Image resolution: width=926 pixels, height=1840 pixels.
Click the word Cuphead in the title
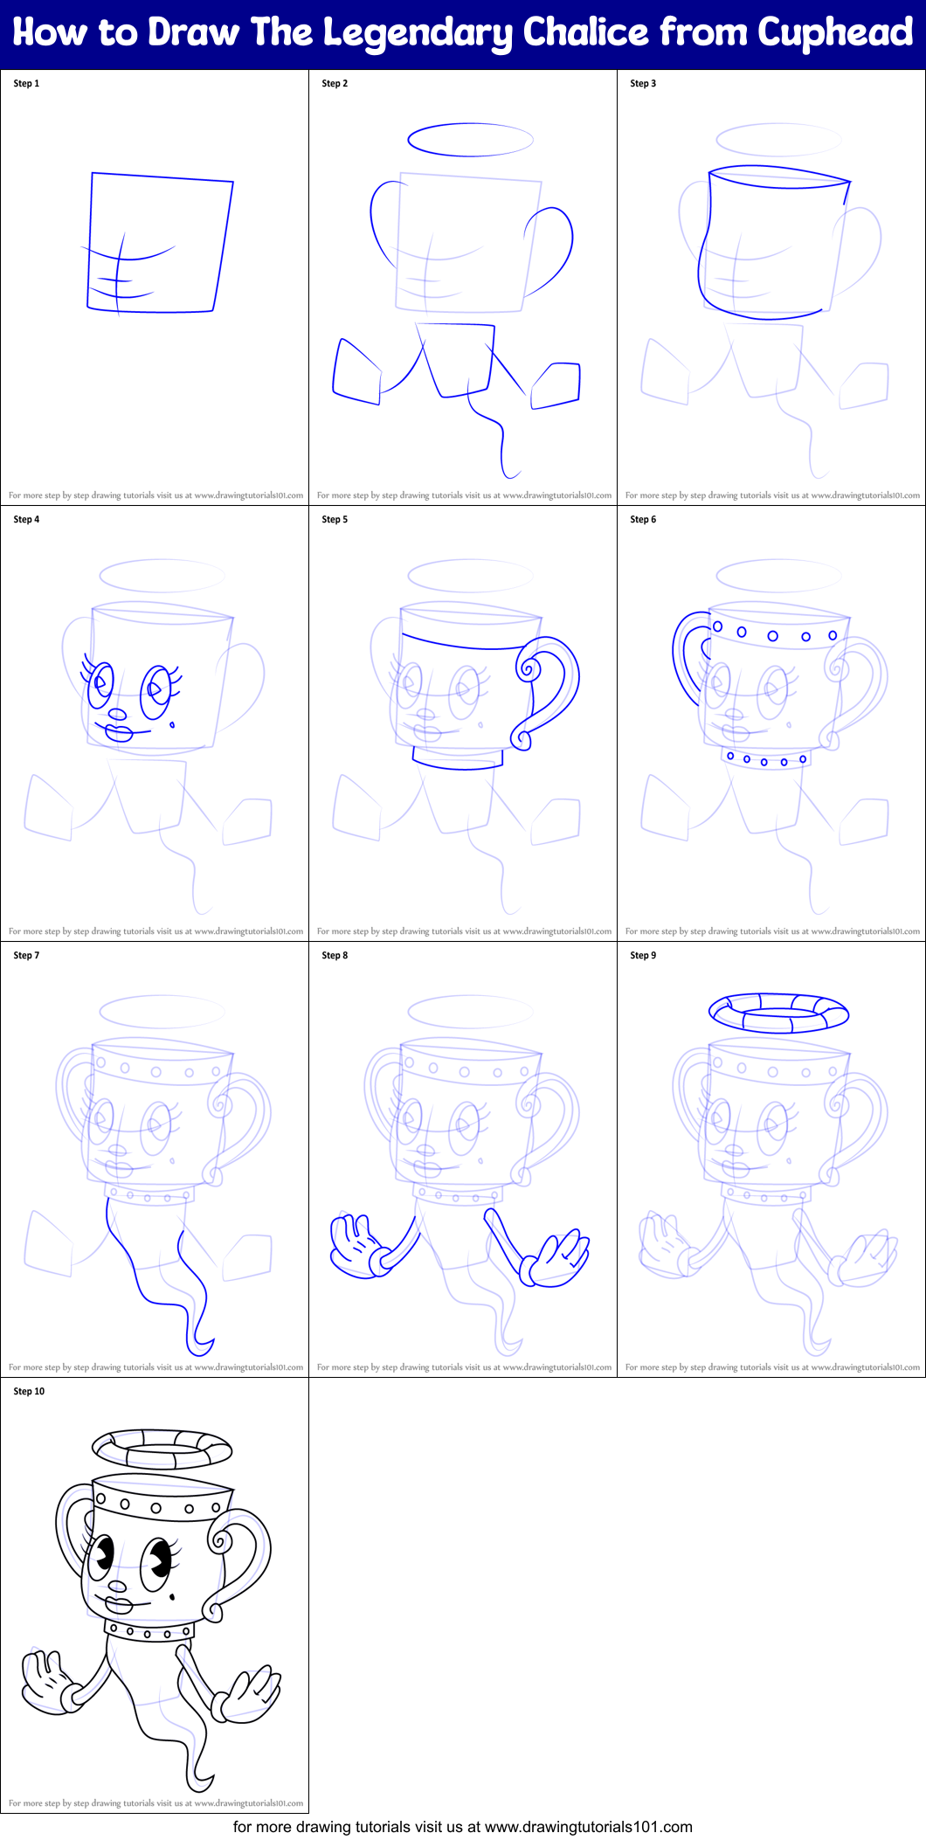pos(835,32)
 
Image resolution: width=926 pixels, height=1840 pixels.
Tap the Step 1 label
pos(26,84)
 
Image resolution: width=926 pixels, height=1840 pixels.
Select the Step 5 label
pos(335,520)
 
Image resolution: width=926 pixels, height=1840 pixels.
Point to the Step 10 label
pos(29,1392)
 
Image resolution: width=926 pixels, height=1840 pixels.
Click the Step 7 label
pos(26,956)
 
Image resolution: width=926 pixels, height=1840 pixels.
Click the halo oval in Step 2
pos(470,140)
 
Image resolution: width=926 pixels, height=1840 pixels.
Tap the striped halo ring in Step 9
pos(778,1013)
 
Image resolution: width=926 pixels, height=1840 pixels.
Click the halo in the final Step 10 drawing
pos(162,1449)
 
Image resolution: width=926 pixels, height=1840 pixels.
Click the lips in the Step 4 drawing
pos(117,732)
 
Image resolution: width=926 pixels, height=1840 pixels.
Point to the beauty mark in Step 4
pos(172,724)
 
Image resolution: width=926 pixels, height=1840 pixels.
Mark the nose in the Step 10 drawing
pos(117,1586)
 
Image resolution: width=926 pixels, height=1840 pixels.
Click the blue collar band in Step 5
pos(457,758)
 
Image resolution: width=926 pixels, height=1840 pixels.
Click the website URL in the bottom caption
pos(588,1827)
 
